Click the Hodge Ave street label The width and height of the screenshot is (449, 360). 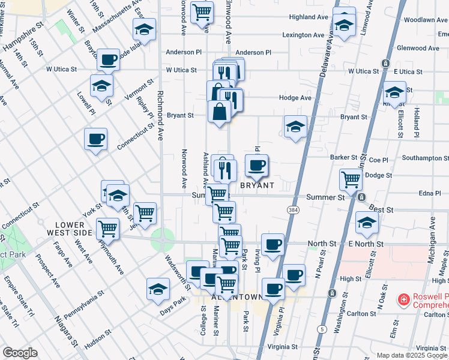(295, 98)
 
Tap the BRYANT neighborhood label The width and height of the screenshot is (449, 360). (258, 185)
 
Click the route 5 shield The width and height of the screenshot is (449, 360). (322, 329)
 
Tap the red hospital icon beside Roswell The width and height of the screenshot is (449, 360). (404, 298)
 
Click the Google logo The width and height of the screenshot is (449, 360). (20, 353)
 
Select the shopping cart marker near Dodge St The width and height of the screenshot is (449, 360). (351, 178)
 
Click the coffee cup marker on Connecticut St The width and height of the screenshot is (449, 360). (95, 140)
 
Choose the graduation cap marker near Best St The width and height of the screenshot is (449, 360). (367, 223)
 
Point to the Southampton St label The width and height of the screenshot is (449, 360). (421, 158)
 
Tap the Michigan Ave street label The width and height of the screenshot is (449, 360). (433, 230)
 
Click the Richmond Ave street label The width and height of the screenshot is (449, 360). (160, 116)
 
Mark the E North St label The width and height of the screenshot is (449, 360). (366, 244)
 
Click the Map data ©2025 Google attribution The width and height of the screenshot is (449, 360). (412, 355)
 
